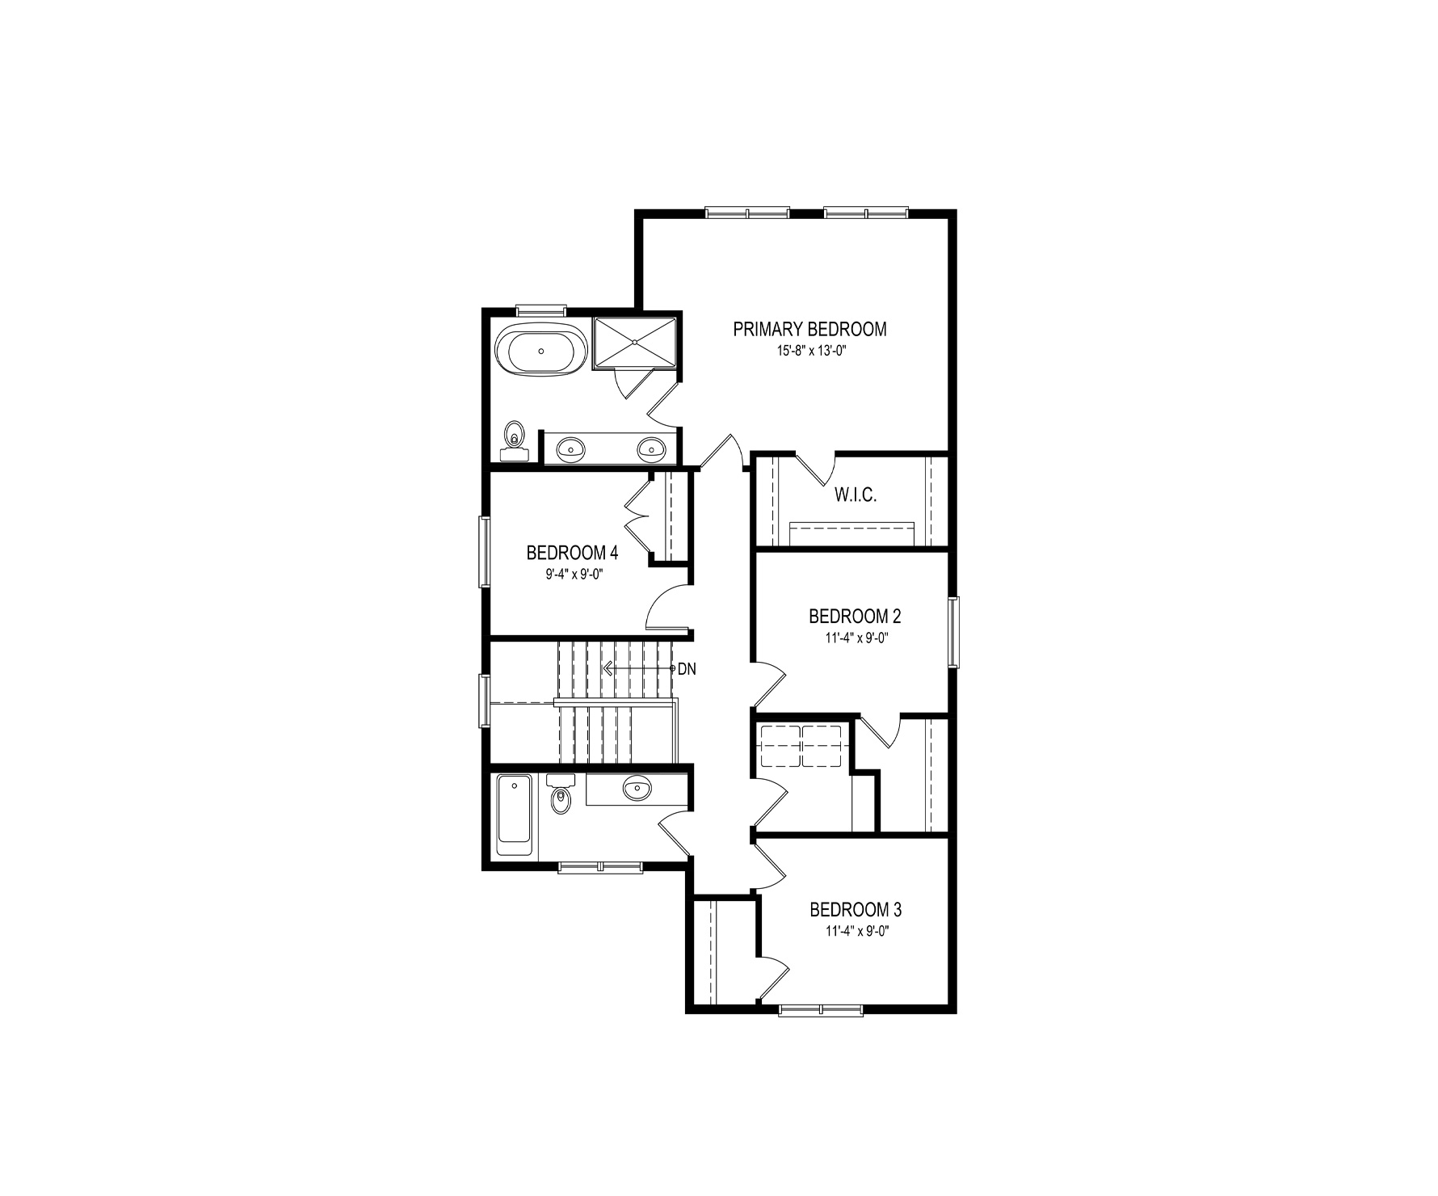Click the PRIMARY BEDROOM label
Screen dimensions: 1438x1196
tap(809, 330)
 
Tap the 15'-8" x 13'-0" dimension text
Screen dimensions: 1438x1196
tap(810, 352)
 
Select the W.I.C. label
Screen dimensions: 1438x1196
tap(856, 495)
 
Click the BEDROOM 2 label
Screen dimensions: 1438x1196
tap(855, 617)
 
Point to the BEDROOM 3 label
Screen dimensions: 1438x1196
tap(856, 910)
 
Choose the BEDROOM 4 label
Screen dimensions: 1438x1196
tap(572, 554)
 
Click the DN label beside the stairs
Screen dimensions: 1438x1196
tap(687, 669)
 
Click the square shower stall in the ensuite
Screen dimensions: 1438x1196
tap(635, 342)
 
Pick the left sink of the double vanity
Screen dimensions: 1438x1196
tap(571, 448)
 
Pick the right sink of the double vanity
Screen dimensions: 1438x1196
tap(650, 448)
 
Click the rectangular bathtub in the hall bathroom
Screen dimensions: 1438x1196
tap(514, 815)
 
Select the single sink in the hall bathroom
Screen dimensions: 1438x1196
tap(637, 787)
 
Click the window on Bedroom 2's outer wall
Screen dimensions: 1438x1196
tap(954, 632)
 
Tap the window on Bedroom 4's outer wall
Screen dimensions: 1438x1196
tap(484, 551)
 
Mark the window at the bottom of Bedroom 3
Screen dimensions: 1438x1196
tap(821, 1009)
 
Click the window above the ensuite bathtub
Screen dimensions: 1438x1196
tap(541, 310)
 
